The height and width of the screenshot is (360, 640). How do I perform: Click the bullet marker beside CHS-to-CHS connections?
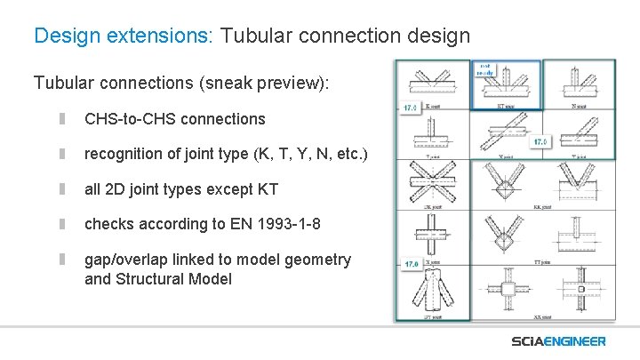coord(63,118)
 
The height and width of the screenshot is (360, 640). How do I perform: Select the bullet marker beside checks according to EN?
coord(63,224)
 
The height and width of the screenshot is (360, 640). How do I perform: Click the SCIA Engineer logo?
coord(558,341)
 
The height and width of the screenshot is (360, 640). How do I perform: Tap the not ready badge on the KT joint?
coord(485,68)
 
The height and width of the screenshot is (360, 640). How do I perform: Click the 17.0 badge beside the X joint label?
coord(411,265)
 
